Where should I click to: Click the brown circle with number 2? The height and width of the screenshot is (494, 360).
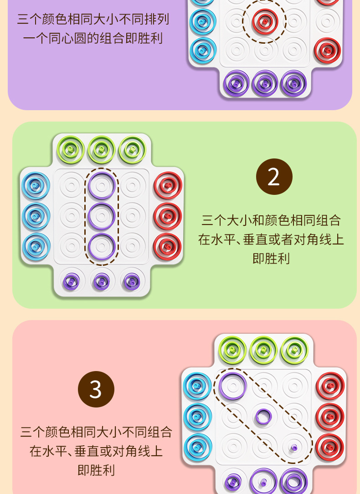coord(274,177)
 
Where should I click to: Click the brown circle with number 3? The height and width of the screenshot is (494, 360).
coord(96,389)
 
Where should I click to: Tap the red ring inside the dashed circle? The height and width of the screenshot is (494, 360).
coord(264,20)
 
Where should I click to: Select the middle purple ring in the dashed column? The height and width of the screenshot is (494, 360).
coord(102,216)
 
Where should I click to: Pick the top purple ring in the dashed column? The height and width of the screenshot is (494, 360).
coord(102,185)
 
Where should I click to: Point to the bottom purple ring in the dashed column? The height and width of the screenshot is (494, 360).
coord(102,246)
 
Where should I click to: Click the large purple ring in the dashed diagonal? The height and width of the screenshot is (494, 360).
coord(232,386)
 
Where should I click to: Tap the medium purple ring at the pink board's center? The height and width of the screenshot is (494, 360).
coord(263,416)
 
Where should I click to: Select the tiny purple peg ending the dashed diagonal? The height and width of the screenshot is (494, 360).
coord(294,447)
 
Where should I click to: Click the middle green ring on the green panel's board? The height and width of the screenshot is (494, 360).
coord(102,149)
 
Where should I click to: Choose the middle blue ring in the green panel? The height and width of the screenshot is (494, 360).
coord(36,216)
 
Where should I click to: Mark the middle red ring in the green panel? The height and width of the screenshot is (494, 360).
coord(168,216)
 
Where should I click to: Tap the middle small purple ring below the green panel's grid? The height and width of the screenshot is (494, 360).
coord(102,281)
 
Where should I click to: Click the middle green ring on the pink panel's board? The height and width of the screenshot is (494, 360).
coord(263,350)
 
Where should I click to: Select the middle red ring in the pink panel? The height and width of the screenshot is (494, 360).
coord(330,416)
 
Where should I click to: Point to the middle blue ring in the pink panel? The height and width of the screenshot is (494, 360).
coord(197,416)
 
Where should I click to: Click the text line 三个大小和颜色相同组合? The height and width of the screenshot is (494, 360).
coord(271,221)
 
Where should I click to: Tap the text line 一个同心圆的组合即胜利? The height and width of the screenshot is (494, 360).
coord(93,38)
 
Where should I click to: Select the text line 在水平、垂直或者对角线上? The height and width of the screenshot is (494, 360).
coord(271,239)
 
